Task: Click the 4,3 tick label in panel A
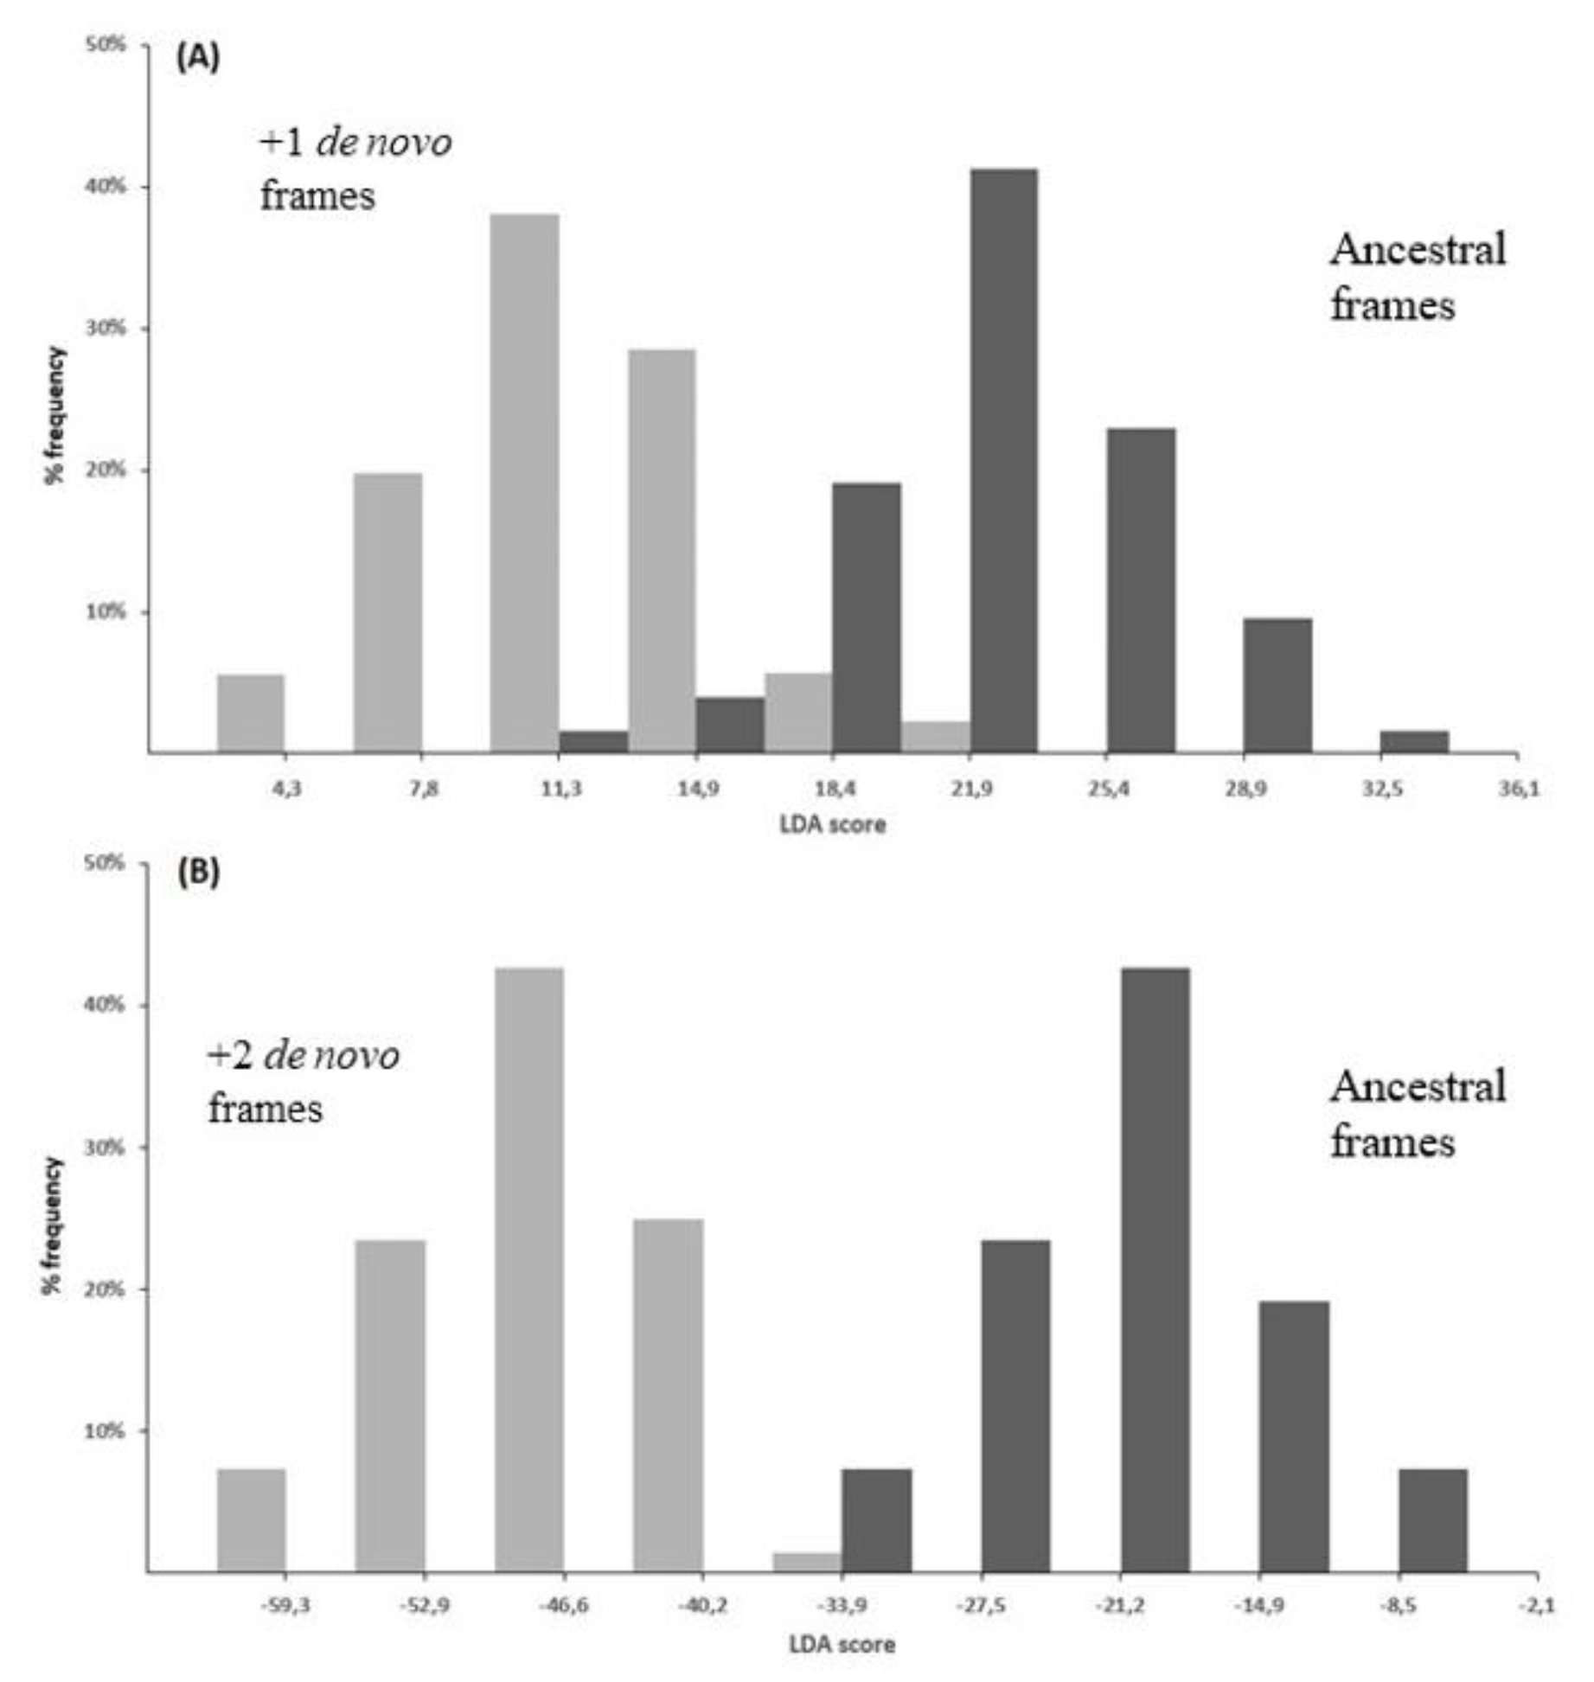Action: tap(286, 789)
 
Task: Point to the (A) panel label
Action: tap(198, 58)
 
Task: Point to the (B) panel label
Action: tap(198, 873)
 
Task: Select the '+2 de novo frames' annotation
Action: tap(303, 1081)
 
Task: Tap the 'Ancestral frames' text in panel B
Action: tap(1417, 1114)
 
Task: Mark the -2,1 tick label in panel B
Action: tap(1535, 1606)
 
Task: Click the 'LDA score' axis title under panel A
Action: tap(832, 824)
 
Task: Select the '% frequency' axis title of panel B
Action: tap(54, 1226)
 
